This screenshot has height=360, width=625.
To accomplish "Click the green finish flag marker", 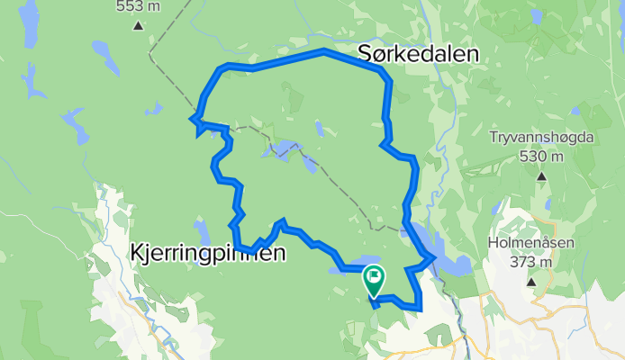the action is tap(374, 279).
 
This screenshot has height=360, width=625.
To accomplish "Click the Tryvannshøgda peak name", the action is tap(539, 138).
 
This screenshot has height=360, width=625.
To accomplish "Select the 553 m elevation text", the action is tap(139, 7).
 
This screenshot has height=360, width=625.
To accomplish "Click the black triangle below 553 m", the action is tap(138, 25).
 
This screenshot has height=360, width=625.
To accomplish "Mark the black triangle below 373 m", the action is tap(531, 281).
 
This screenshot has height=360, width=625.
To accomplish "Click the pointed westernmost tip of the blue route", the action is tap(191, 117).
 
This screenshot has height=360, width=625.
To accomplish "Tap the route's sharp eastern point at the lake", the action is tap(434, 258).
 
